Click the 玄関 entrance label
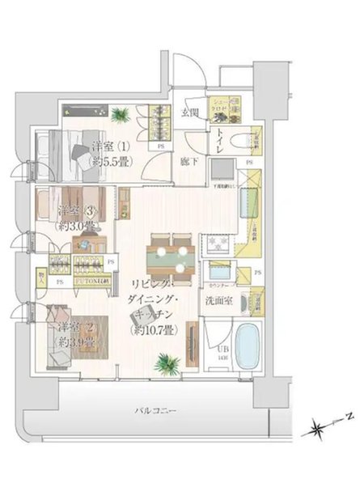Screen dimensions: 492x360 tap(189, 112)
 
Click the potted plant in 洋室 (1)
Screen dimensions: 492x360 tap(122, 114)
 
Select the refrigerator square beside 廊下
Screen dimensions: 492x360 tap(221, 169)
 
